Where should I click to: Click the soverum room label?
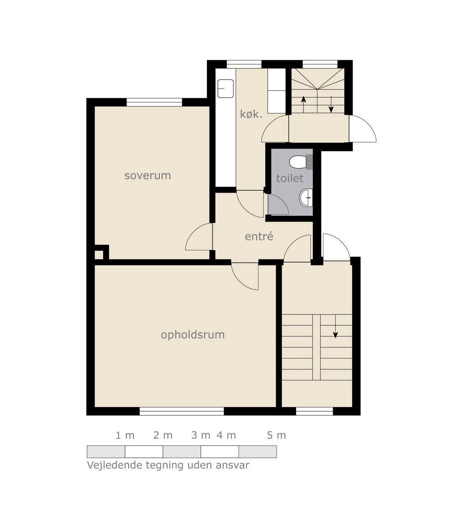point(148,175)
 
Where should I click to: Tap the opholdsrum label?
point(193,335)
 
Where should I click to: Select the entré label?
point(259,236)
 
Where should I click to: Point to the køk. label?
point(251,114)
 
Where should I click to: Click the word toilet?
point(290,178)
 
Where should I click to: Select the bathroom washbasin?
point(306,198)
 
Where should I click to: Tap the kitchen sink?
point(225,89)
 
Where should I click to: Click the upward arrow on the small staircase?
point(303,105)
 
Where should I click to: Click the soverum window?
point(154,102)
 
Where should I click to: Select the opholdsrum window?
point(182,411)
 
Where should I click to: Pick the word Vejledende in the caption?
point(115,465)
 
